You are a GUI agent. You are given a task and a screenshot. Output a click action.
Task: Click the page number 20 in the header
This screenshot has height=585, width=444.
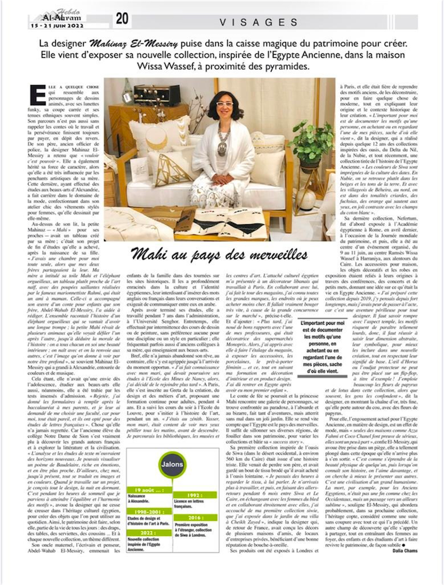point(122,18)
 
